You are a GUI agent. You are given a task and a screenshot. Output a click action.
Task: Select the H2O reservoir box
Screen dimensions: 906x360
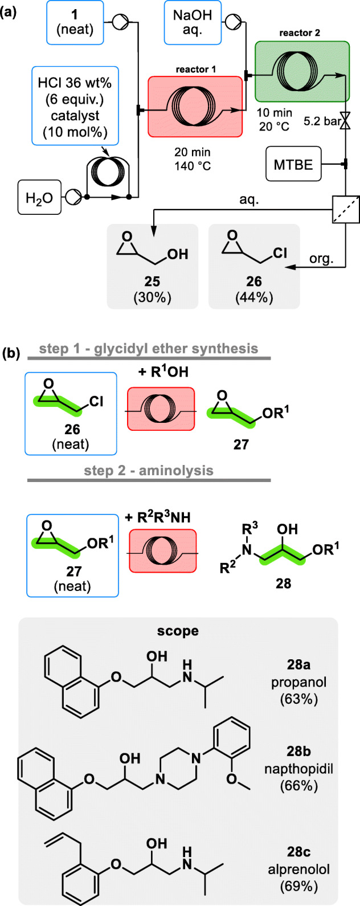tap(40, 198)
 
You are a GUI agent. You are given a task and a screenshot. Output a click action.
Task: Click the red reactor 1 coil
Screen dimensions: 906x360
tap(194, 107)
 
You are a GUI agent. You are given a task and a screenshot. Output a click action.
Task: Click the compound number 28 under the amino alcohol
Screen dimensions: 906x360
tap(283, 584)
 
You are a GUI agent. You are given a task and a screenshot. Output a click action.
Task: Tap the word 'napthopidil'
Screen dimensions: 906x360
tap(307, 769)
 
